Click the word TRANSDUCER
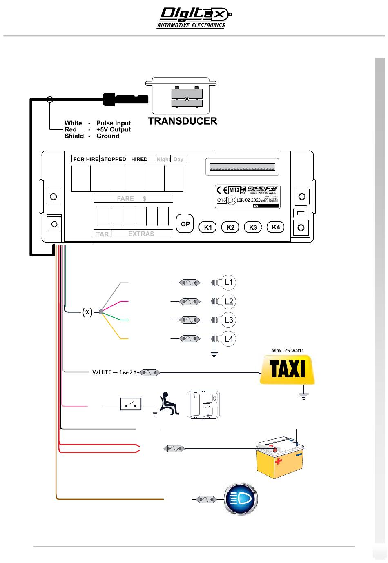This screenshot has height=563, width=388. click(183, 121)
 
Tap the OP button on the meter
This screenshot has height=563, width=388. click(185, 224)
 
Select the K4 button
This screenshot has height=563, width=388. click(276, 227)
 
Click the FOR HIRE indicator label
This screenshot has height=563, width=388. click(85, 159)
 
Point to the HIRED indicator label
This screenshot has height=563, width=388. click(139, 159)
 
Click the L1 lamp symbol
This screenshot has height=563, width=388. click(228, 282)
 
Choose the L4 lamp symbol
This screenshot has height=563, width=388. click(228, 338)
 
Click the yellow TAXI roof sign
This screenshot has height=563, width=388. click(287, 369)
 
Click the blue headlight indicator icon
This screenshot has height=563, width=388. click(241, 499)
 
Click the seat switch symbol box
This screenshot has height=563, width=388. click(131, 404)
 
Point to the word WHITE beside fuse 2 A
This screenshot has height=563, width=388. click(102, 372)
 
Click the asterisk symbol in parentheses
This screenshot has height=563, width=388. click(87, 312)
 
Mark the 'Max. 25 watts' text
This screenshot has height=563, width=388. click(288, 350)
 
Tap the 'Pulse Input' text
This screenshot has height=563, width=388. click(114, 123)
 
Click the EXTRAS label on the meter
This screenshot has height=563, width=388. click(141, 234)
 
